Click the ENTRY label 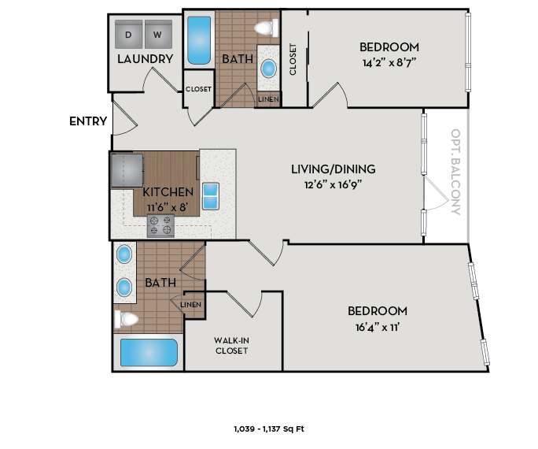[87, 121]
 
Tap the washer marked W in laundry [157, 35]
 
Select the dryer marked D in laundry [128, 35]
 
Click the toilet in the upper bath [267, 29]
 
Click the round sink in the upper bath [269, 69]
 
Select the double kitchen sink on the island [212, 195]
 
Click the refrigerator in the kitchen [127, 170]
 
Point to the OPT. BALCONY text [455, 173]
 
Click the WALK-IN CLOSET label [230, 346]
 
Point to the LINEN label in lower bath [191, 304]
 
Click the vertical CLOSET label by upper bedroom [293, 59]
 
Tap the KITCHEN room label [168, 191]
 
